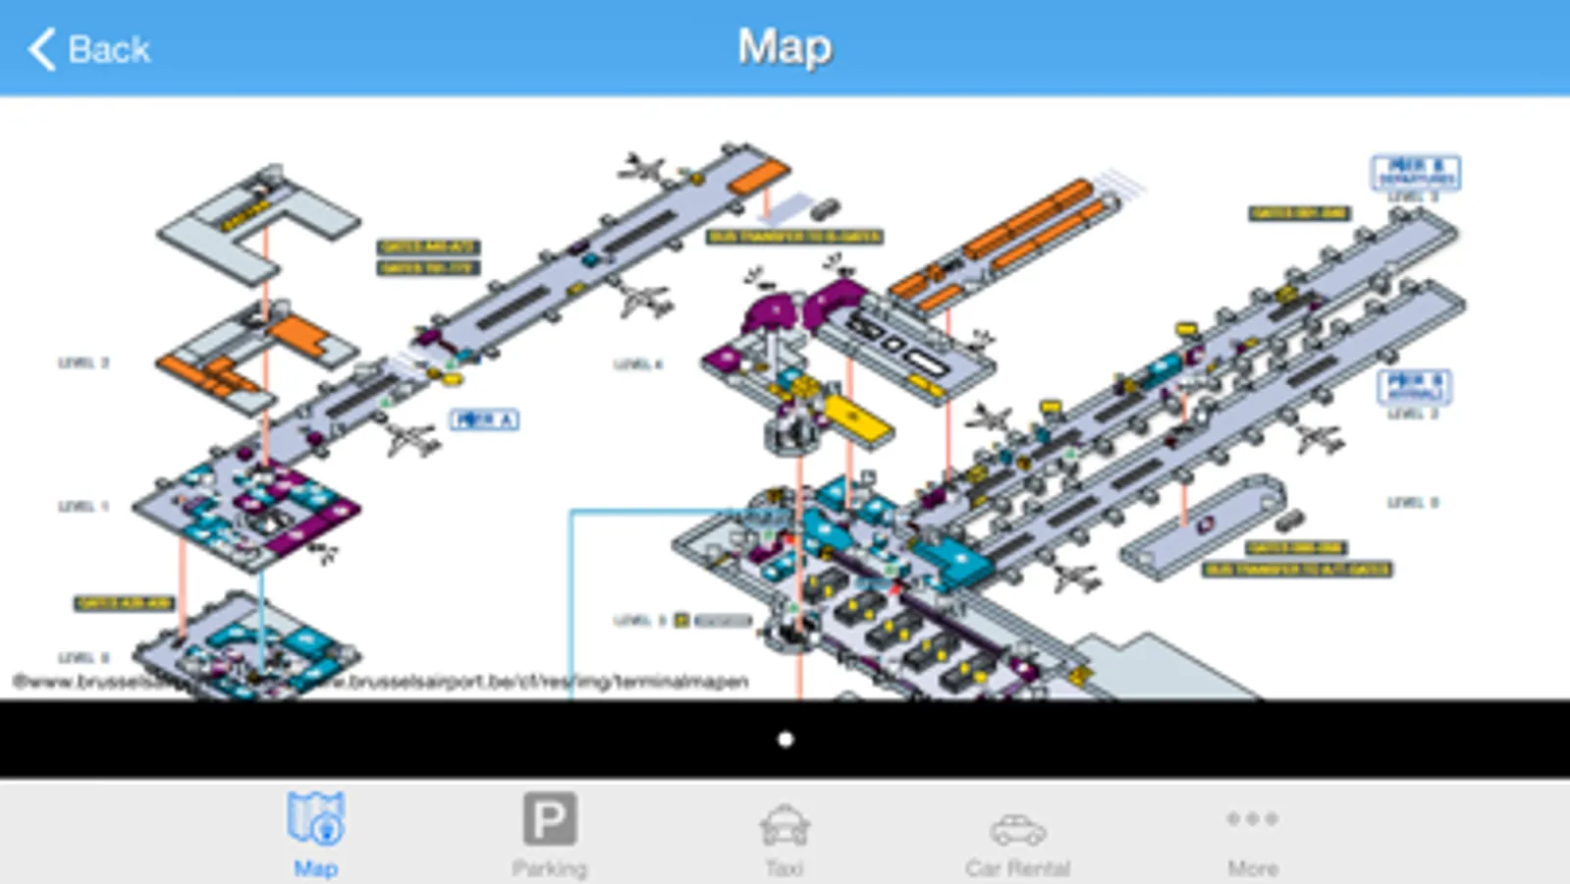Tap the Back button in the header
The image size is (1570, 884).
tap(90, 49)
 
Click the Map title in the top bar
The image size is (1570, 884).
tap(785, 47)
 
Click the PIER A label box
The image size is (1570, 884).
tap(484, 419)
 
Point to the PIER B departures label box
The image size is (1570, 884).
tap(1415, 172)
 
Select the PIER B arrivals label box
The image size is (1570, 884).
tap(1415, 385)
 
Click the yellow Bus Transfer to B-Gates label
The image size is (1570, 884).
tap(795, 237)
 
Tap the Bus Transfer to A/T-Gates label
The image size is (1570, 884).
tap(1297, 570)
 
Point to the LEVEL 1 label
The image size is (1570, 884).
tap(83, 507)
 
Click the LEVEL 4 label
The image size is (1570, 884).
tap(638, 364)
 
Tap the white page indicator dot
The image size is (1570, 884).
tap(785, 740)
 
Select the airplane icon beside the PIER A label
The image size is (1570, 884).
tap(410, 437)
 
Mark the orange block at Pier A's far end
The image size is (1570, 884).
tap(758, 178)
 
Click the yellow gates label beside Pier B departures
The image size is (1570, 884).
tap(1299, 213)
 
